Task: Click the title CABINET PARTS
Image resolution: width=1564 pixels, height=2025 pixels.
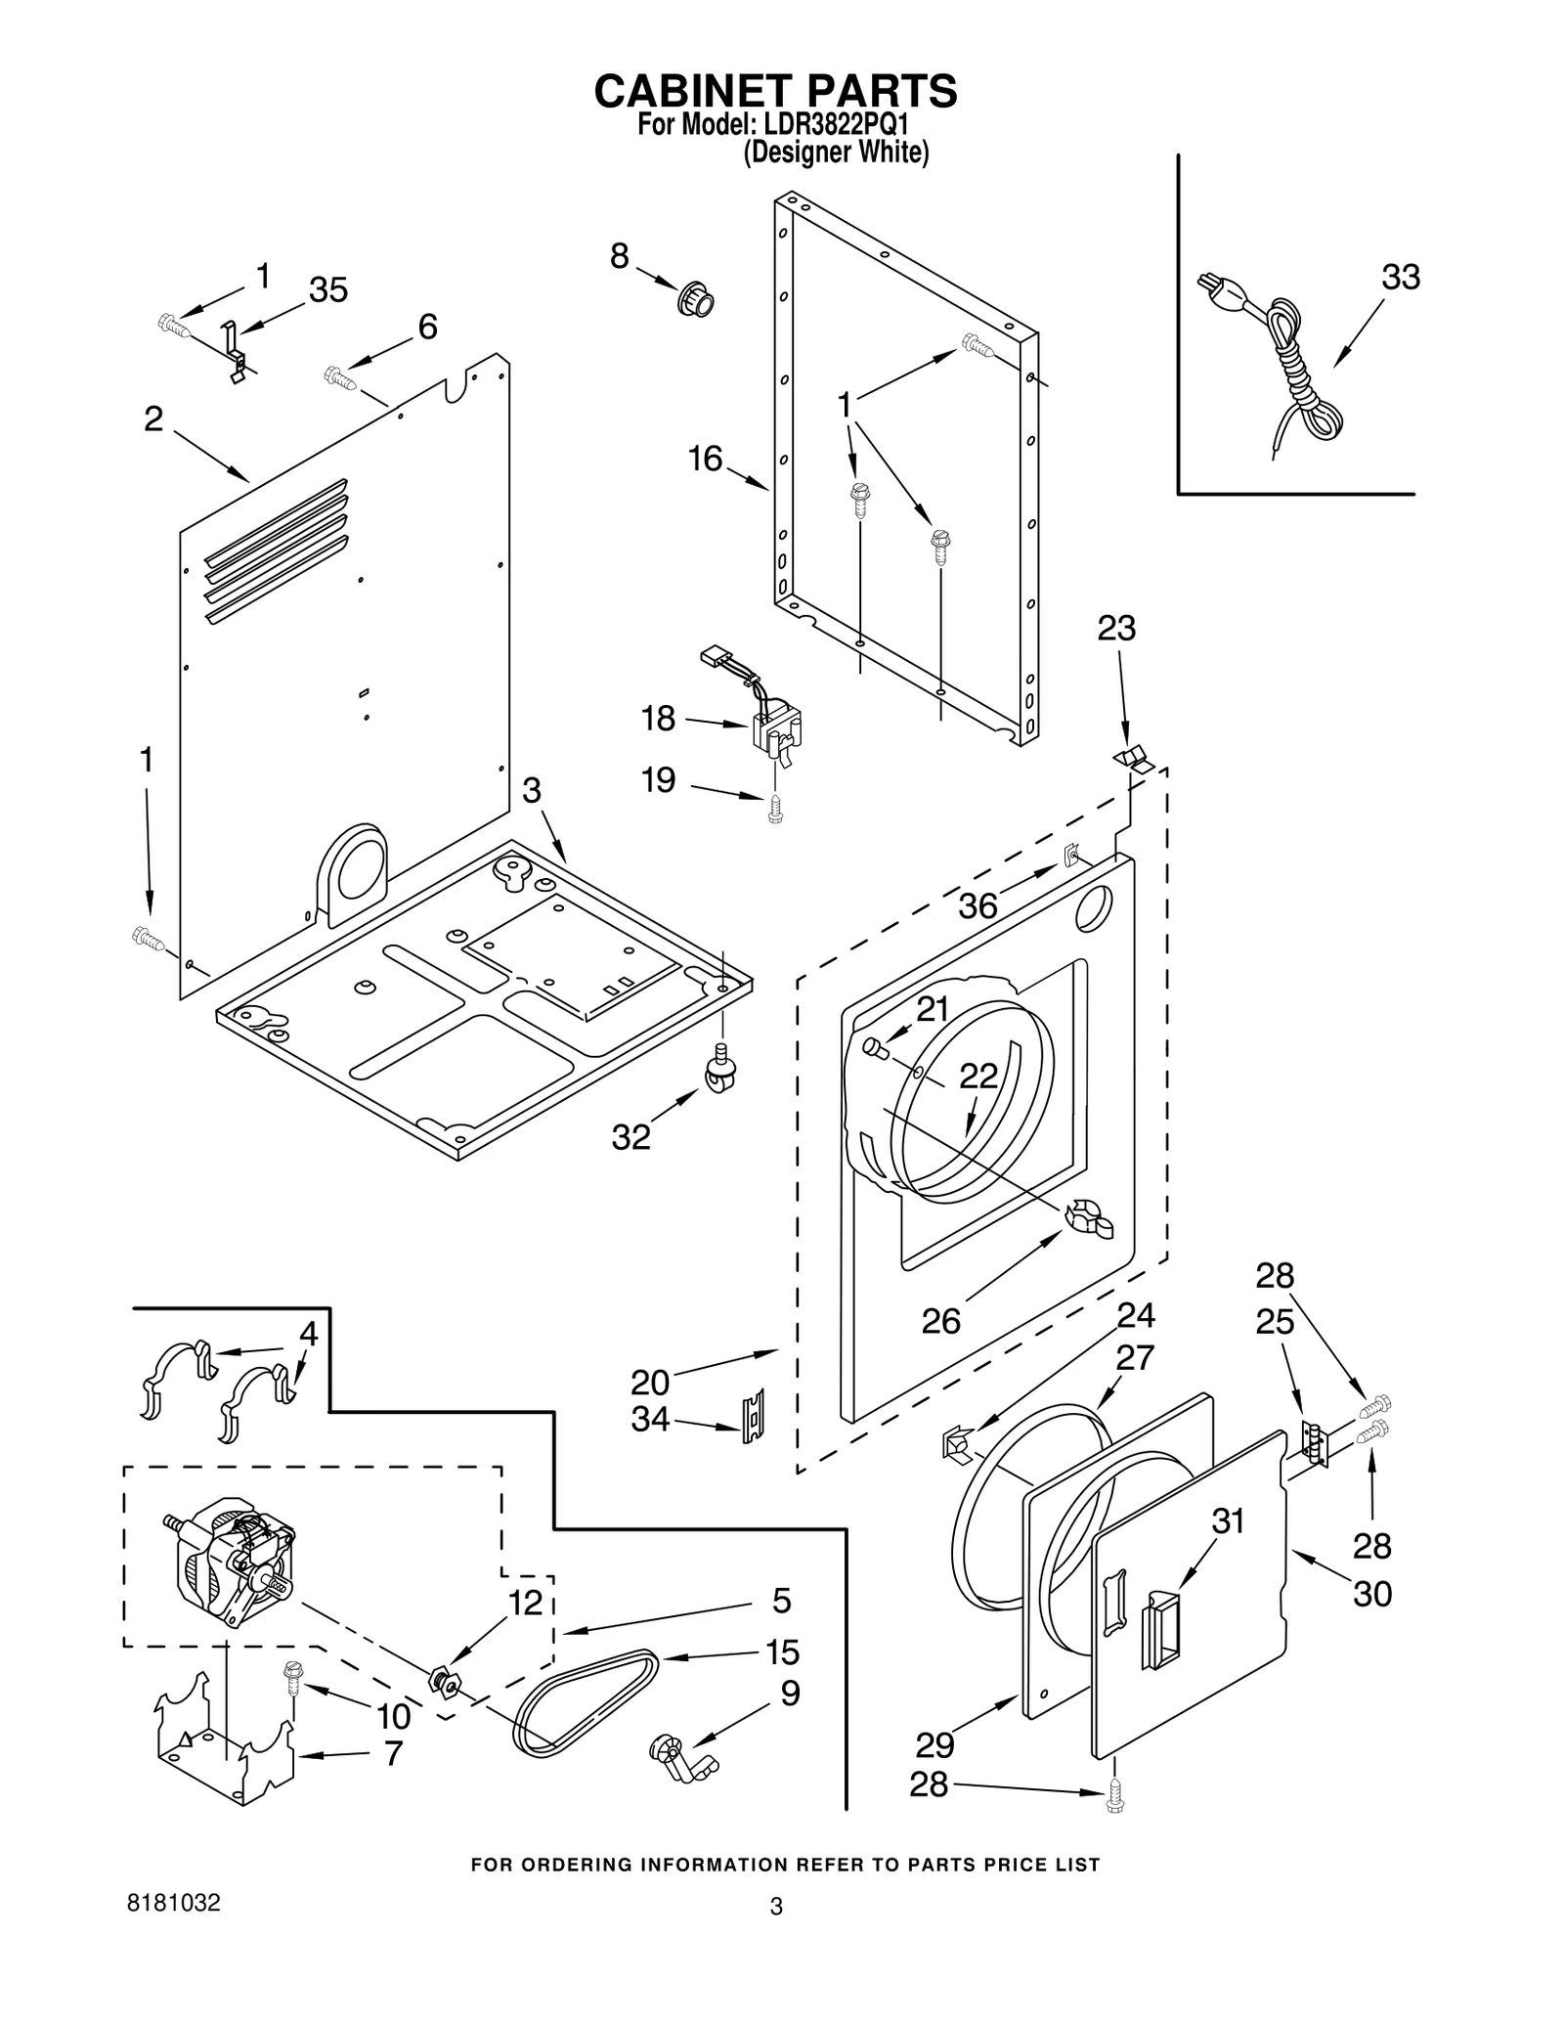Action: [x=775, y=91]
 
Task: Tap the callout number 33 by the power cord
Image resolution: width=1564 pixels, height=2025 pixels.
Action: [x=1400, y=278]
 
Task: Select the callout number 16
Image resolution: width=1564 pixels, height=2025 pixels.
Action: [x=705, y=458]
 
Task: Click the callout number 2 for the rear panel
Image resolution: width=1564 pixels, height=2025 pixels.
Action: [x=153, y=419]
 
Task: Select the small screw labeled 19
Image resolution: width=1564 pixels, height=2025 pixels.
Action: [x=775, y=809]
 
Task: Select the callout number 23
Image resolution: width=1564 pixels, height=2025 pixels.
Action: [x=1116, y=628]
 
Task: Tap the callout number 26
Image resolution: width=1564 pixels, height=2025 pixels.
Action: [x=941, y=1321]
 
